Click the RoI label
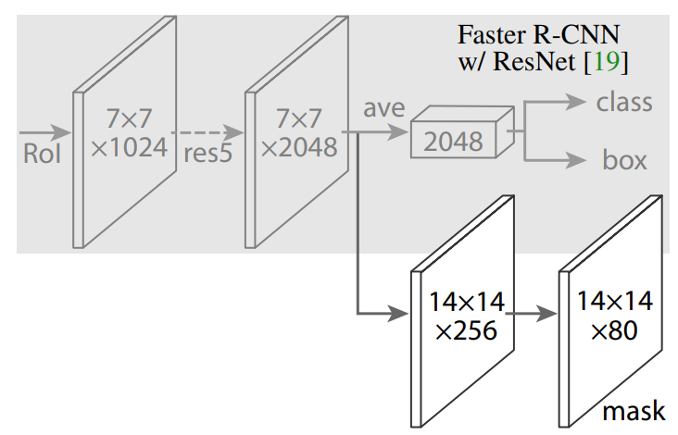point(42,153)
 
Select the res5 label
point(207,153)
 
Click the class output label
point(623,102)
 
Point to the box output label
point(624,160)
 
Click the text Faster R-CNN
point(538,35)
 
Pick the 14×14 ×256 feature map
point(463,315)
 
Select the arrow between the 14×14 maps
point(532,313)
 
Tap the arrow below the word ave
point(380,132)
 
